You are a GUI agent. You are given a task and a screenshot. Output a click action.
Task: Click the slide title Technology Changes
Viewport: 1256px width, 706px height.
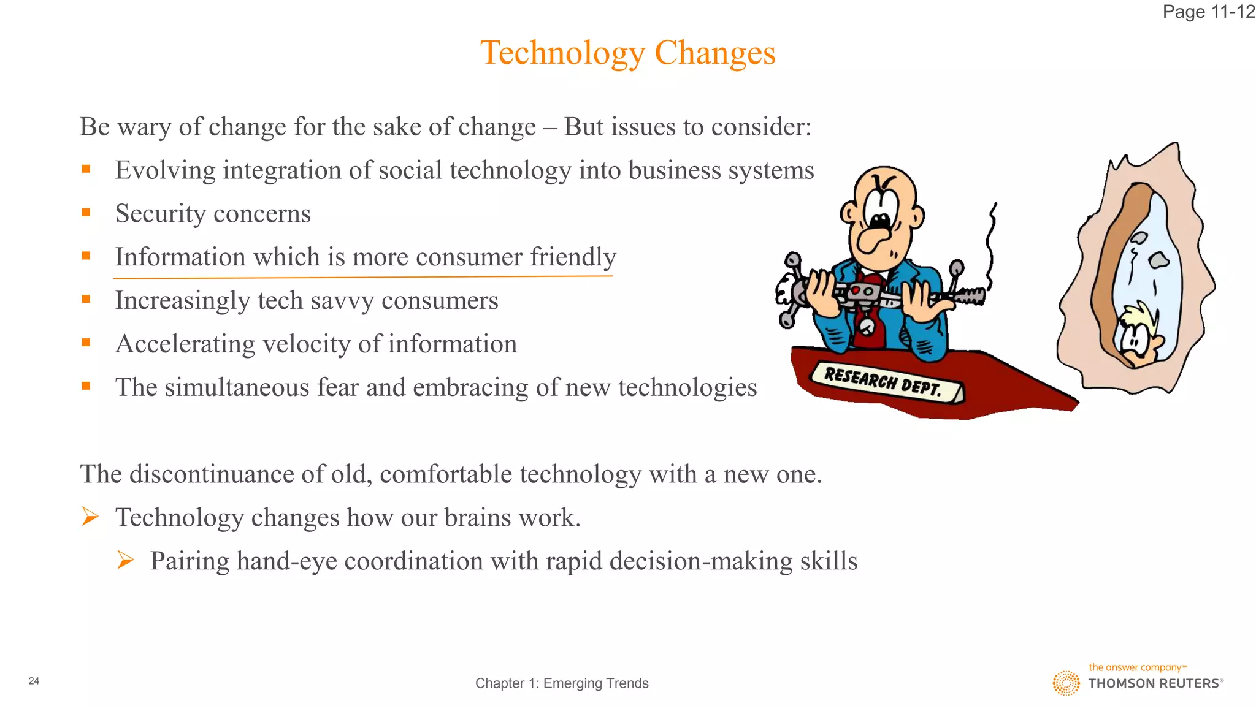[x=627, y=53]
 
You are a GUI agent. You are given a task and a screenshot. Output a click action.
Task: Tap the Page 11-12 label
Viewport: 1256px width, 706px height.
[x=1208, y=12]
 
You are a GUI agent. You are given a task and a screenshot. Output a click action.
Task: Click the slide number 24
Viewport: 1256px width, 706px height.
[x=34, y=681]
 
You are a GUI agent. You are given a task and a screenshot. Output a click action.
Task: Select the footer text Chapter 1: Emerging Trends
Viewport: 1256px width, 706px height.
[x=562, y=683]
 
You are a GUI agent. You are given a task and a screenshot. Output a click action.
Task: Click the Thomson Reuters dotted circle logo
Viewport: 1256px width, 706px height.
[x=1066, y=683]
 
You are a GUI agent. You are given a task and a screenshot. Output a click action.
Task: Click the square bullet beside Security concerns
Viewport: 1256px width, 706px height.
[x=86, y=213]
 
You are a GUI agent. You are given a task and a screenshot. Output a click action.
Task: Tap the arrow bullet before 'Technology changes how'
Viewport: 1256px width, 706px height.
[x=90, y=517]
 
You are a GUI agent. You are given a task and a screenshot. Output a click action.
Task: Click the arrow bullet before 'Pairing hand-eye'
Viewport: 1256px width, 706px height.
[x=125, y=560]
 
